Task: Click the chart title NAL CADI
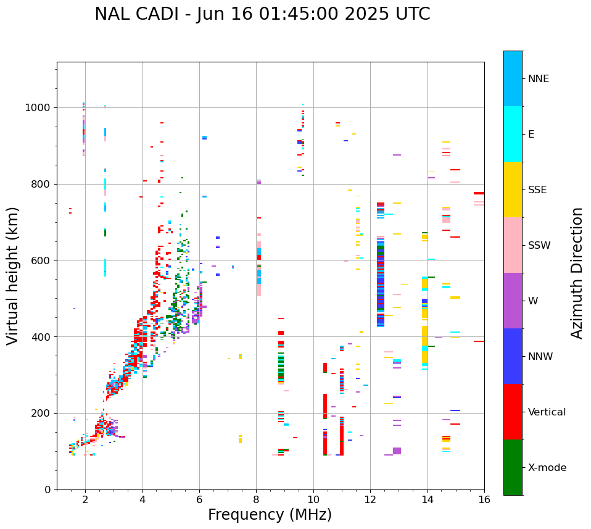262,14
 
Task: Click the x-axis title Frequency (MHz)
270,515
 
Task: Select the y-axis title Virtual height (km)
13,276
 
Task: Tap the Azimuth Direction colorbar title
577,273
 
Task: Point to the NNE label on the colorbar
538,79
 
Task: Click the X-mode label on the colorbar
547,468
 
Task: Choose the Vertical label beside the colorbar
547,412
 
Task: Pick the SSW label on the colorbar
539,246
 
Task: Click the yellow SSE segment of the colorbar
513,190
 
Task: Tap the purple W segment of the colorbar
513,301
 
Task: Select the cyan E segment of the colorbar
513,134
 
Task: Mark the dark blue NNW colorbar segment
513,356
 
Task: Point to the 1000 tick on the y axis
39,108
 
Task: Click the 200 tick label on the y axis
42,413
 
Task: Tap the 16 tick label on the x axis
484,499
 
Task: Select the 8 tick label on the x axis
256,499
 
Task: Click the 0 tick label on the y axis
48,489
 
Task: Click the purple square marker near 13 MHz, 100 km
397,451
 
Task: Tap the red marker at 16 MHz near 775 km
479,193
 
